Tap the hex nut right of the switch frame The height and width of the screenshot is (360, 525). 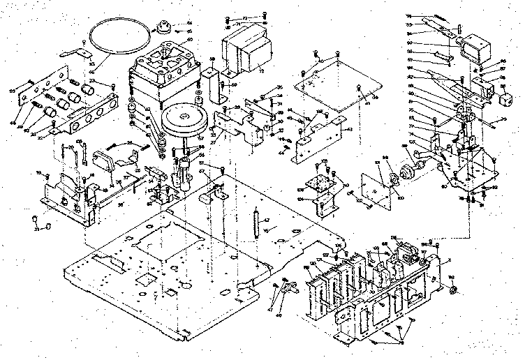[x=452, y=289]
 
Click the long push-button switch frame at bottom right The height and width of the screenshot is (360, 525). [x=377, y=293]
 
